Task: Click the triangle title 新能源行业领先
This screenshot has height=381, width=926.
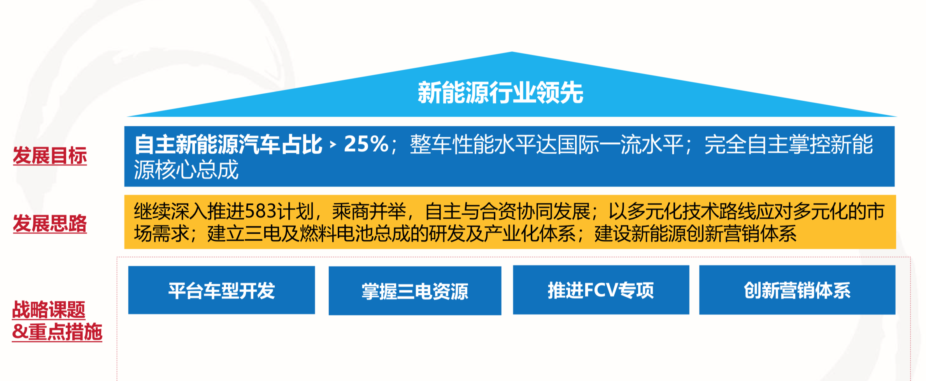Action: pos(500,93)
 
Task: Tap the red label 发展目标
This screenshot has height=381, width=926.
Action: pos(50,156)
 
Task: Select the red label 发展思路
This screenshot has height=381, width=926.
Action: pos(50,224)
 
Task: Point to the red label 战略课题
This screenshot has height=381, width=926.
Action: pos(49,310)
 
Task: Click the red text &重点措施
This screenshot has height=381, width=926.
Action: pos(57,332)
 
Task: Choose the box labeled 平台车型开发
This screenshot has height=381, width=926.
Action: pos(221,290)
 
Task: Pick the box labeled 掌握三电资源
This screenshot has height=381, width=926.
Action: pos(415,290)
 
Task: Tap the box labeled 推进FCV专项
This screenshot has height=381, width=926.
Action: pos(601,290)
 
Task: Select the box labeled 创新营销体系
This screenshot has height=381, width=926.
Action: pos(797,290)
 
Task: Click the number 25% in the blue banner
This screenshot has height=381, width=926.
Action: pos(366,144)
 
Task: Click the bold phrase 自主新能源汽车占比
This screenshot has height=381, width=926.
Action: pos(228,145)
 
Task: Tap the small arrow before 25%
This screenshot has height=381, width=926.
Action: pos(333,145)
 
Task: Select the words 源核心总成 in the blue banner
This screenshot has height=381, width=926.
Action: pos(186,170)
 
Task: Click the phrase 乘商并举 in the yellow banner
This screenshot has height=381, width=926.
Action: pos(369,211)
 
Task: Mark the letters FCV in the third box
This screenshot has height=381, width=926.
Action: pos(601,290)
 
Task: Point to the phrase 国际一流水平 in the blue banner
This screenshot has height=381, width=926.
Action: pos(620,145)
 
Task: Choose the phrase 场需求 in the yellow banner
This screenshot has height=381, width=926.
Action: pos(162,234)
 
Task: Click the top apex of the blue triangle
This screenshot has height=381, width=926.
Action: pos(512,52)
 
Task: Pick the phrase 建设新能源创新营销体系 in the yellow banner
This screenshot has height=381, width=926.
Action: pos(695,234)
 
